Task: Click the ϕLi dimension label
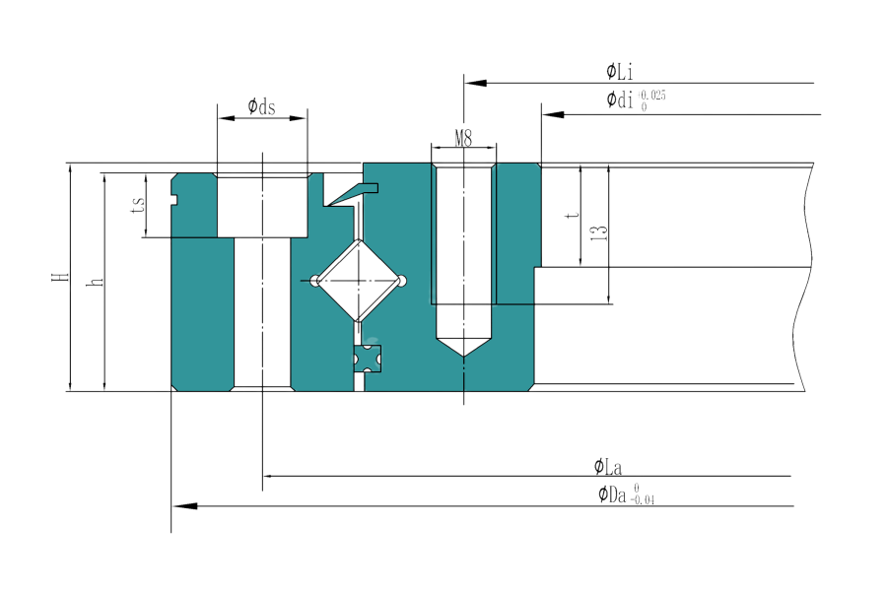(x=620, y=72)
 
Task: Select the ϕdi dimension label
(x=620, y=99)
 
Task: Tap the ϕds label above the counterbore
(x=261, y=105)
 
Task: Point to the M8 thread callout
(x=463, y=138)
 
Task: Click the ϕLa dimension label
(x=607, y=467)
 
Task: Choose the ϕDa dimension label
(x=613, y=494)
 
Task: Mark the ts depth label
(x=138, y=204)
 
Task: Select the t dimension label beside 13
(x=573, y=215)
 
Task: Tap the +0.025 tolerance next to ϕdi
(x=652, y=95)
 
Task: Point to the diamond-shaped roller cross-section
(x=359, y=281)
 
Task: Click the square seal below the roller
(x=368, y=360)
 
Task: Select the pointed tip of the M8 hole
(x=464, y=357)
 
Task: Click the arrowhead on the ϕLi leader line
(x=475, y=83)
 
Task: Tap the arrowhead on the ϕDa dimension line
(x=184, y=505)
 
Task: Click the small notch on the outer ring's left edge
(x=174, y=199)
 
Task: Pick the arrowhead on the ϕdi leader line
(x=553, y=115)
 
